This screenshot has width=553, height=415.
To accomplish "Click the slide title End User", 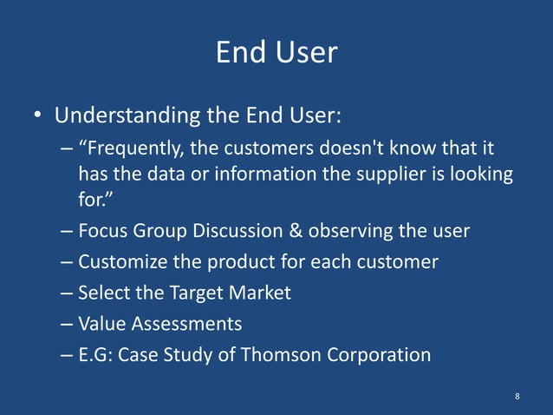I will (276, 52).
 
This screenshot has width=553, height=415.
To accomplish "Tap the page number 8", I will (517, 396).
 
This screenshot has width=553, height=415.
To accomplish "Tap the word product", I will (226, 262).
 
